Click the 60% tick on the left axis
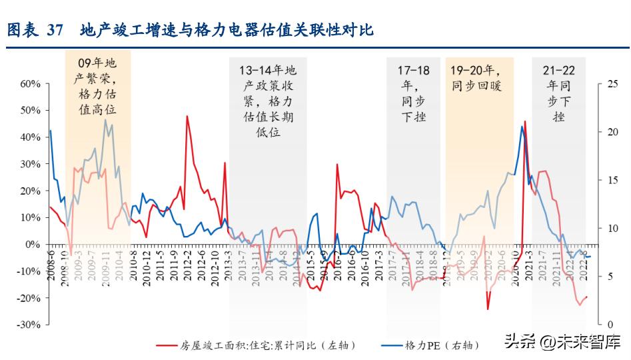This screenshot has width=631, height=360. (x=29, y=84)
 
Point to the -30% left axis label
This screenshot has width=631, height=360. (x=28, y=325)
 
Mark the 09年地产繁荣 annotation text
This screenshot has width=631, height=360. (x=97, y=85)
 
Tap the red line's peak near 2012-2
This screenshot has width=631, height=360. (x=187, y=116)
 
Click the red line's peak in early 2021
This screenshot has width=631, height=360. (x=525, y=121)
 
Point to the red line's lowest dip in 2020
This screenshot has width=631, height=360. (x=488, y=309)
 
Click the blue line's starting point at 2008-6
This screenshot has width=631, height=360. (x=51, y=131)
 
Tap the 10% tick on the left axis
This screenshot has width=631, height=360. (x=29, y=217)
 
